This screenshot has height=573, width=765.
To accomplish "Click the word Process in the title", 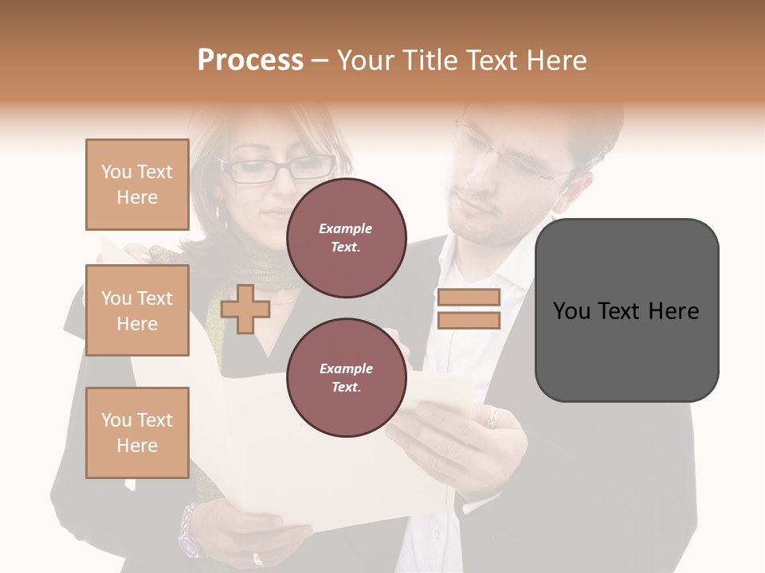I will (250, 60).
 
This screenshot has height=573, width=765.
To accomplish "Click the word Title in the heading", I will (428, 60).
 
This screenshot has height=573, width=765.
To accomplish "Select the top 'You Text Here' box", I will (137, 185).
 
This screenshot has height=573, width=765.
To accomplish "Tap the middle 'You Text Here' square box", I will (137, 310).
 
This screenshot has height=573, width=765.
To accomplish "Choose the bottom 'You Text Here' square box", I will (137, 432).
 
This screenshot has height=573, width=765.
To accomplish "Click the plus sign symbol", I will (245, 309).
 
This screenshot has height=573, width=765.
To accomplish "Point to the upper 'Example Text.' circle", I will (346, 238).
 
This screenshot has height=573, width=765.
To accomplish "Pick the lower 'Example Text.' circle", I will (346, 377).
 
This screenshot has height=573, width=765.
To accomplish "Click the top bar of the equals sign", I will (469, 298).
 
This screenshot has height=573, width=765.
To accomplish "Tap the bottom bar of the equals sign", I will (469, 321).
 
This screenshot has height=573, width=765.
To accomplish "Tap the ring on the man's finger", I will (493, 416).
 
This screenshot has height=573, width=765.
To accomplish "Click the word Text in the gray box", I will (626, 311).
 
